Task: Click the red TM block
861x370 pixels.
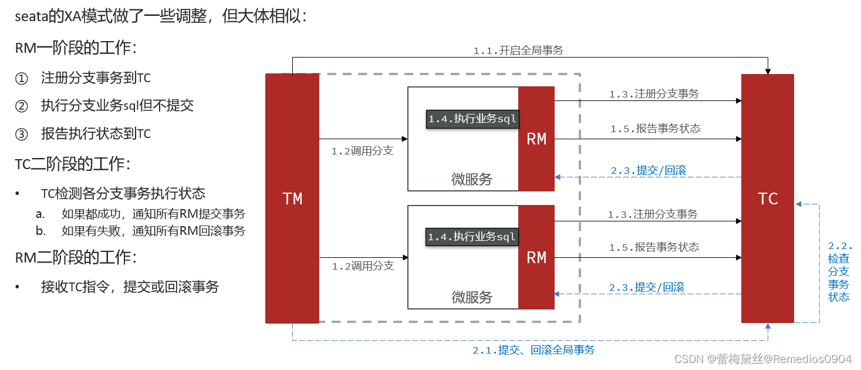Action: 292,199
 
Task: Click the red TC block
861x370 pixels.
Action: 767,199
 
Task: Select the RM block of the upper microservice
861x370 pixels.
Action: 536,139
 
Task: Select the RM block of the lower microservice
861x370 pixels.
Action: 536,257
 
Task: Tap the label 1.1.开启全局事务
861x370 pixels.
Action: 518,51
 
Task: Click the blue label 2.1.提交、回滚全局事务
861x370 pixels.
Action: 534,350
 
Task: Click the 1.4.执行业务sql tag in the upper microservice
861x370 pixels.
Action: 472,119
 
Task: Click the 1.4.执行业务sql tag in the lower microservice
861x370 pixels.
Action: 472,237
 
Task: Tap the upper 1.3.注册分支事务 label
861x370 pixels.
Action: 654,94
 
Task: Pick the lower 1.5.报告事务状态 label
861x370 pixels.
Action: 654,247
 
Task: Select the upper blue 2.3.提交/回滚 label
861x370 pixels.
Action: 648,171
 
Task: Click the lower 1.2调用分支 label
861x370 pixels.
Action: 363,266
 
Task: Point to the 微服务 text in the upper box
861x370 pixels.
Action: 472,180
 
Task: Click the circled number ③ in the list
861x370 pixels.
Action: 21,134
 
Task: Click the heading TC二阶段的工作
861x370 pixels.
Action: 73,164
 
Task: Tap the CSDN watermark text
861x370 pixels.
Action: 762,359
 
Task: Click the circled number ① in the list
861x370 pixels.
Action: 21,78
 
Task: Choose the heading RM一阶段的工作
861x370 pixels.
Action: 72,49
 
